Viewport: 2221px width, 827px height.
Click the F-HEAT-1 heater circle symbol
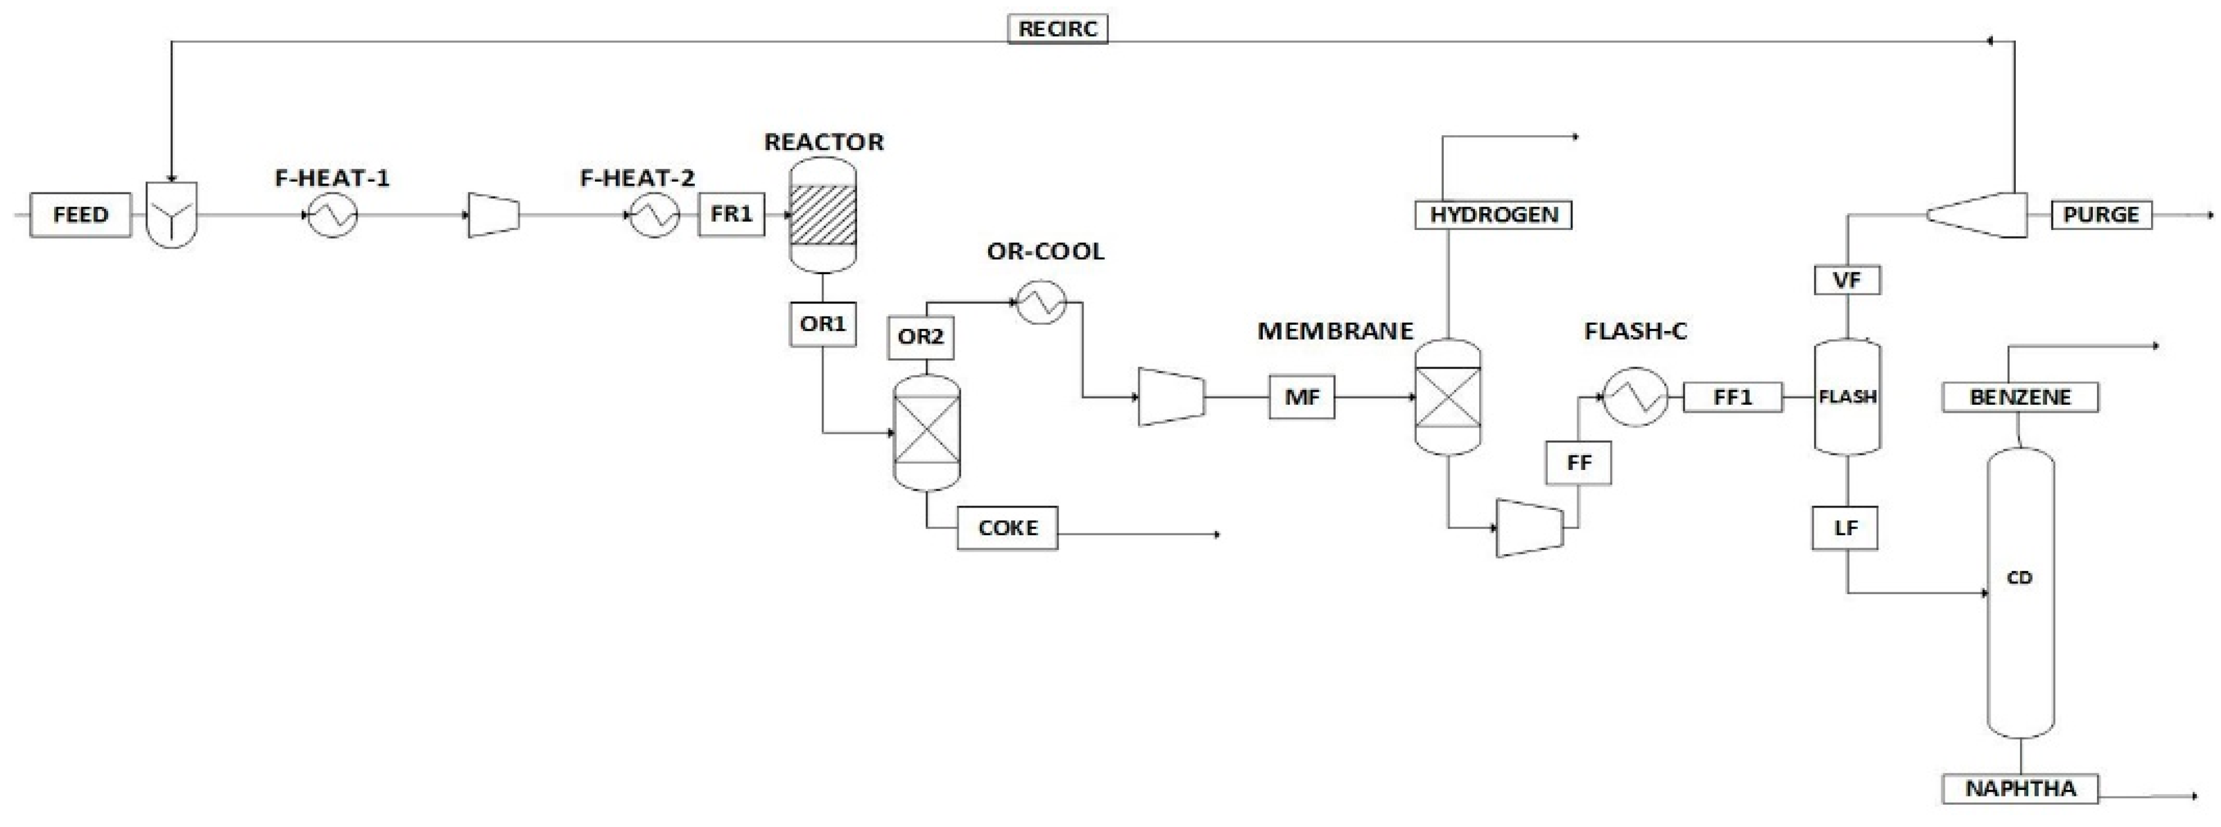click(332, 214)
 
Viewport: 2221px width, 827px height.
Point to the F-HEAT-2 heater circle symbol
click(654, 214)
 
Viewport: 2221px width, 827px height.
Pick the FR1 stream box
click(731, 214)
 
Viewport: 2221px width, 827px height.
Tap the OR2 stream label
click(920, 336)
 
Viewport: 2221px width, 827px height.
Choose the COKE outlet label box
click(1007, 528)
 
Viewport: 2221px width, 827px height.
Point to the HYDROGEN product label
click(1493, 215)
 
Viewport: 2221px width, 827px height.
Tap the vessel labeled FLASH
click(1848, 396)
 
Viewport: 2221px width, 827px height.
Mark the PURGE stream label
click(2100, 215)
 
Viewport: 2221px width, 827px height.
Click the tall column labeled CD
click(2020, 595)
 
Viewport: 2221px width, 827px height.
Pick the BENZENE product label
click(2020, 398)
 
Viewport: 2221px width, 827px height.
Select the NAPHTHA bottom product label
click(2020, 788)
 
